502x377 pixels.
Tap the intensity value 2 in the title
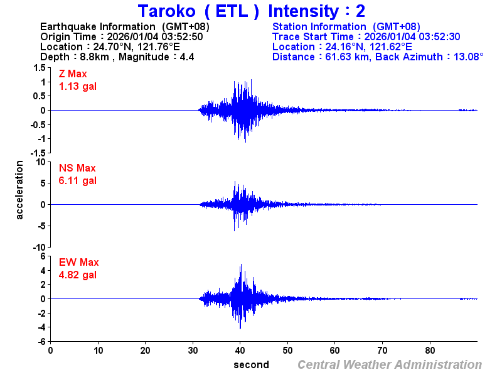pyautogui.click(x=360, y=11)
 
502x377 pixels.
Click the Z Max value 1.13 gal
pyautogui.click(x=78, y=87)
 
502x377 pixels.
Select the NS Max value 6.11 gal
pyautogui.click(x=78, y=181)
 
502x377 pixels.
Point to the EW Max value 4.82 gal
pyautogui.click(x=78, y=275)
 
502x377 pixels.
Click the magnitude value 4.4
pyautogui.click(x=187, y=57)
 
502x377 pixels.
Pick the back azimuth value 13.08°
pyautogui.click(x=461, y=57)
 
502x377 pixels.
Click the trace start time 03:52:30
pyautogui.click(x=440, y=36)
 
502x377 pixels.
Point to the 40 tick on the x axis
pyautogui.click(x=240, y=351)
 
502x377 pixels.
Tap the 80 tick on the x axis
pyautogui.click(x=430, y=351)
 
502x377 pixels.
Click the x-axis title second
pyautogui.click(x=251, y=365)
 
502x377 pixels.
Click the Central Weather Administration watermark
pyautogui.click(x=390, y=365)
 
